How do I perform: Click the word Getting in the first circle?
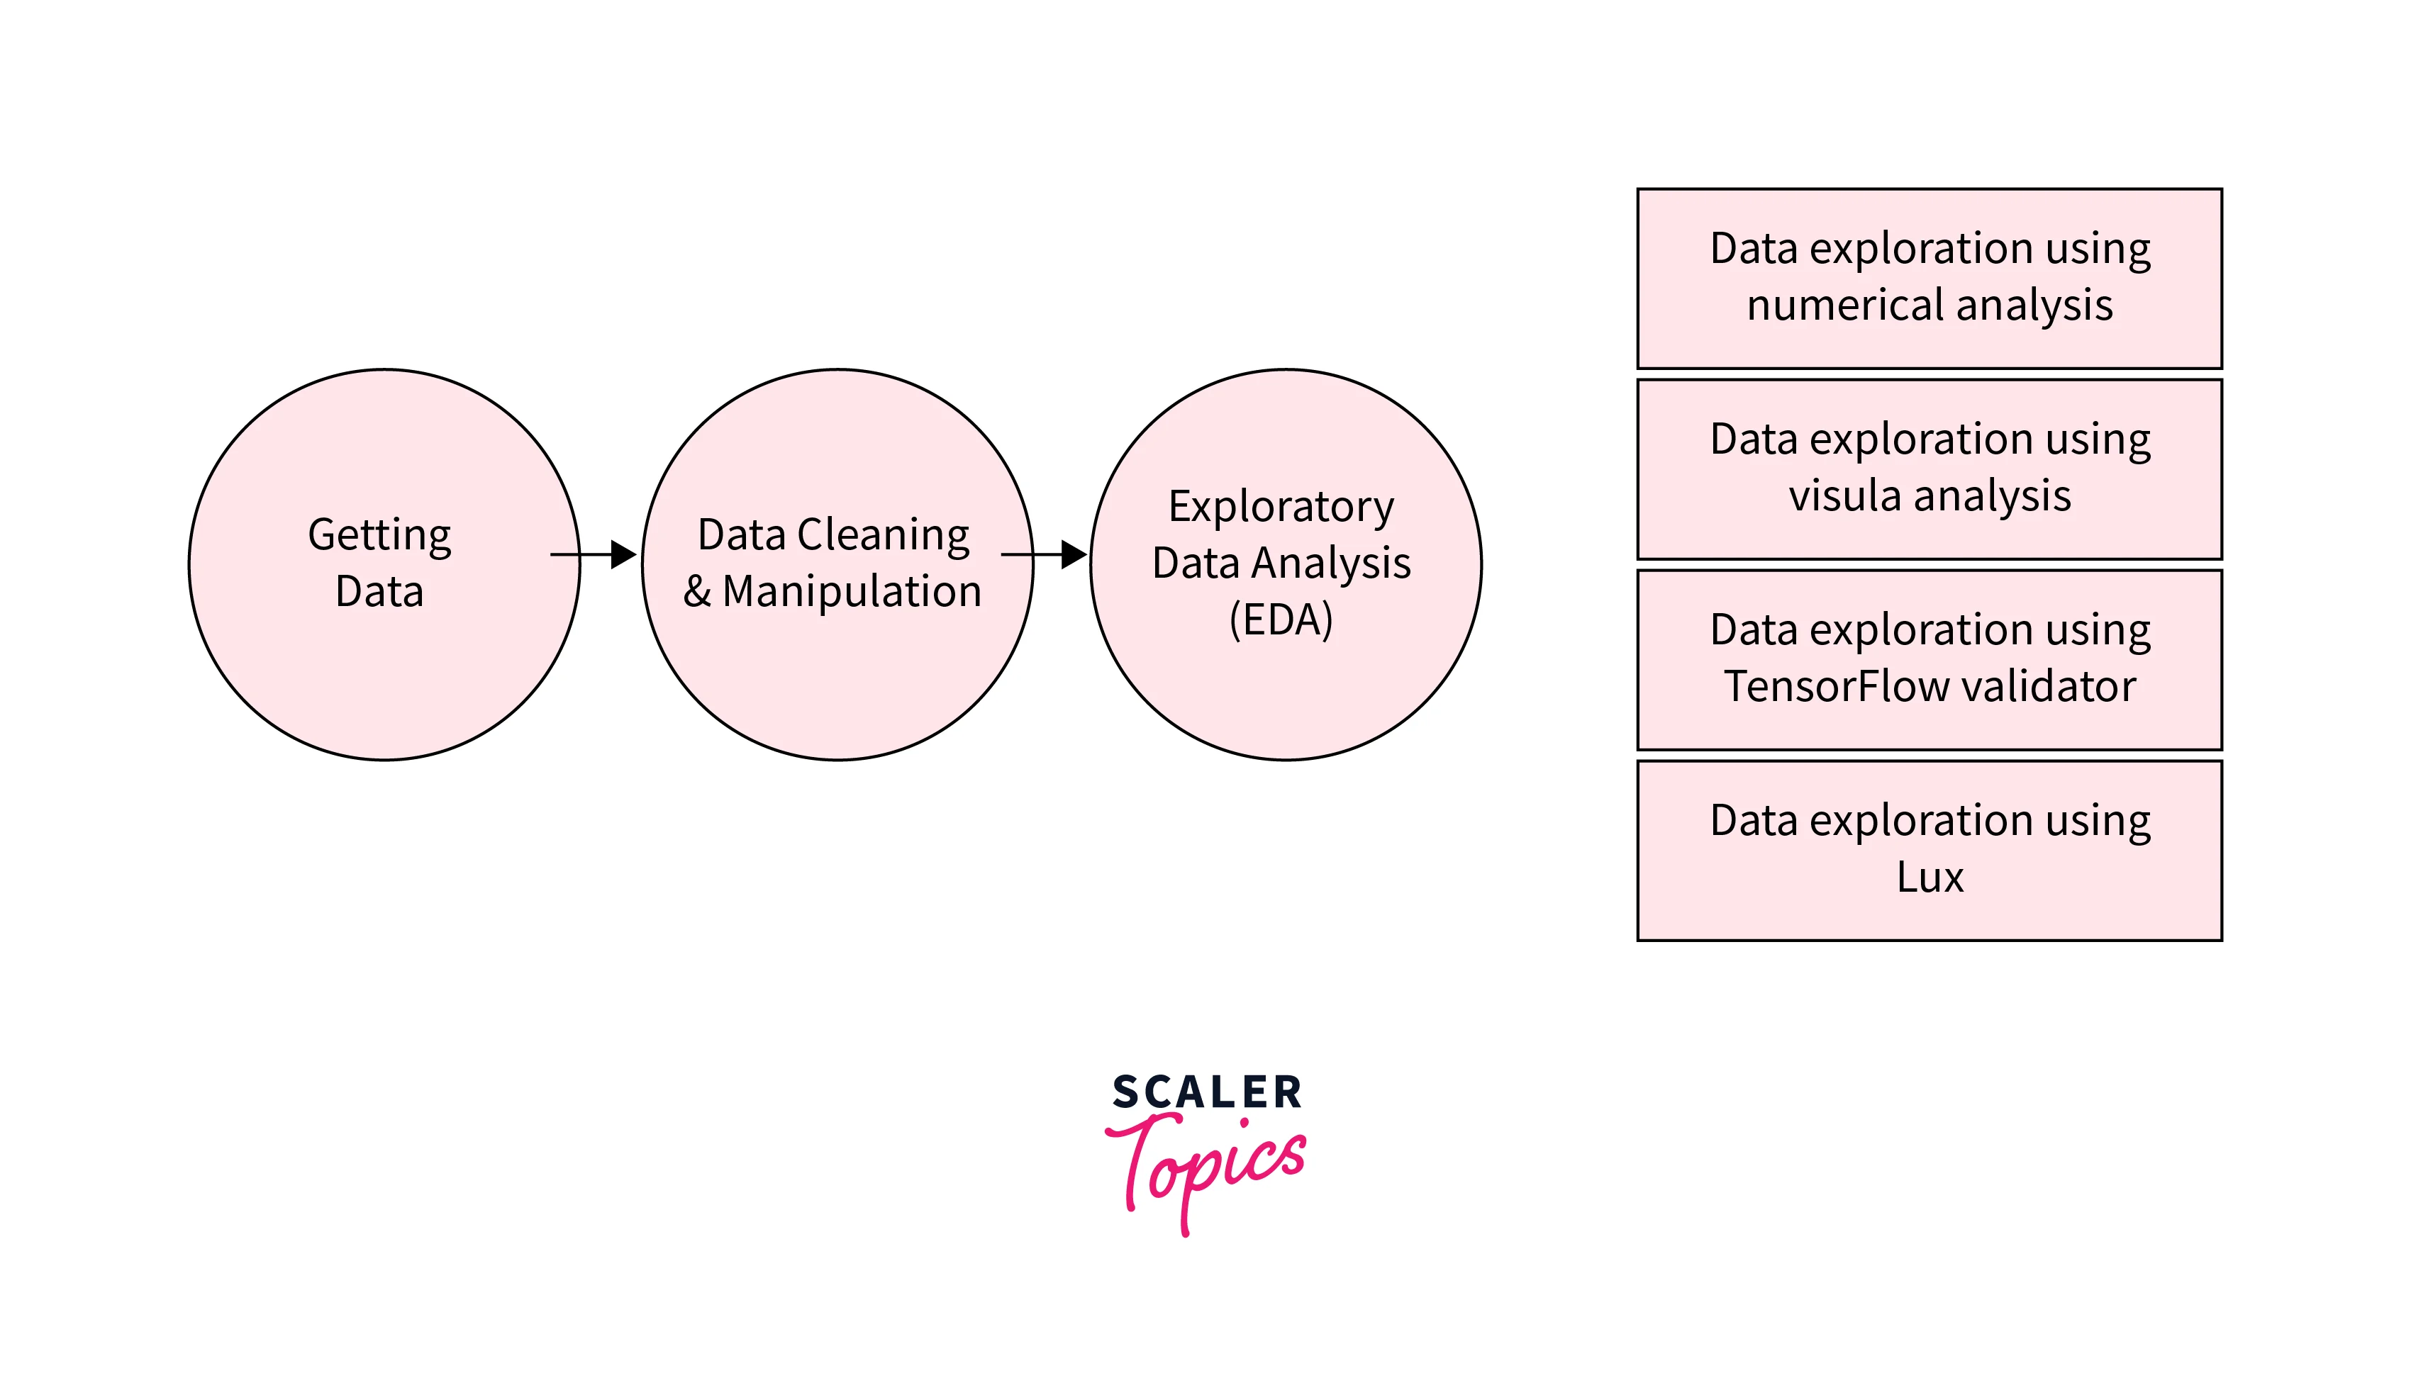click(x=379, y=536)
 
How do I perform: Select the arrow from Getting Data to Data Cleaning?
click(x=594, y=554)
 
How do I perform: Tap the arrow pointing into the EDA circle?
click(x=1045, y=554)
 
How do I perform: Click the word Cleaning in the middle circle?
click(x=883, y=536)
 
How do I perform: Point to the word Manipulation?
click(x=852, y=592)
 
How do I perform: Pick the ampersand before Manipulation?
click(x=697, y=592)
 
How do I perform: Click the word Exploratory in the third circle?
click(x=1280, y=508)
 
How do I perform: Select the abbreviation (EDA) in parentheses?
click(x=1281, y=620)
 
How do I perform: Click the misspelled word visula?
click(x=1843, y=496)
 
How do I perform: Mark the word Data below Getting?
click(x=379, y=592)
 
